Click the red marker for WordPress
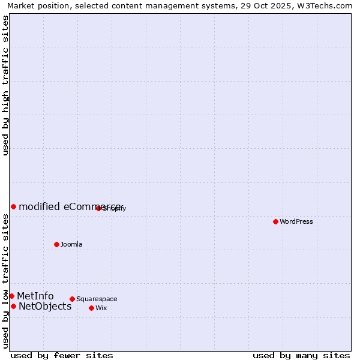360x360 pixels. point(275,221)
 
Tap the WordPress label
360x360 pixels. point(296,221)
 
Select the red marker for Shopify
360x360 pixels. point(98,208)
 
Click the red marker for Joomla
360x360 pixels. point(56,244)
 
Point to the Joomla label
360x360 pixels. point(71,244)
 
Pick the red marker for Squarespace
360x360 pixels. point(72,299)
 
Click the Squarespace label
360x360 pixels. point(97,299)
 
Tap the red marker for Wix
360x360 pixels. point(91,308)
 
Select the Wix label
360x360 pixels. point(101,308)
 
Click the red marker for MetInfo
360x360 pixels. point(11,296)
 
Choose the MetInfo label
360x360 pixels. point(35,296)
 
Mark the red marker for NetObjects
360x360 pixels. point(13,306)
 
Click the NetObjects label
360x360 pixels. point(45,307)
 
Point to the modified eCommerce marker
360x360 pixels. point(13,206)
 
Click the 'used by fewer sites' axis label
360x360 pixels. point(62,356)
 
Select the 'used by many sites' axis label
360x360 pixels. point(301,356)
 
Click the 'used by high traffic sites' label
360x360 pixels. point(5,85)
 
